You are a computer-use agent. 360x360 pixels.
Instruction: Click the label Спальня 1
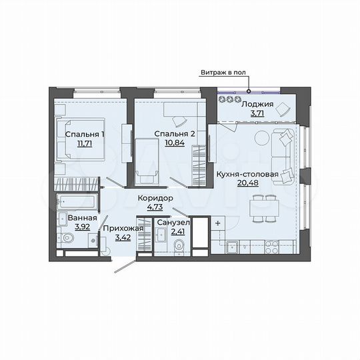coord(84,133)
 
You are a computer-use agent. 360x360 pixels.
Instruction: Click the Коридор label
coord(155,199)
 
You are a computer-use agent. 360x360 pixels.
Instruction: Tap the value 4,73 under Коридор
coord(155,207)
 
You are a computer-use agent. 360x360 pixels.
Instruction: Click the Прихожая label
coord(122,227)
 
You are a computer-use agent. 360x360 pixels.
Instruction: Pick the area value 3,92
coord(82,226)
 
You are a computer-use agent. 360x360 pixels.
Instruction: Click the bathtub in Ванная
coord(76,201)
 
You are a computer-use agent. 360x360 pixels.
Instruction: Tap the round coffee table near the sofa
coord(262,137)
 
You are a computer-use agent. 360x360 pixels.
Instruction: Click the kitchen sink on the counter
coord(233,249)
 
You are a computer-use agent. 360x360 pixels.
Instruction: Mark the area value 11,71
coord(84,143)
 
